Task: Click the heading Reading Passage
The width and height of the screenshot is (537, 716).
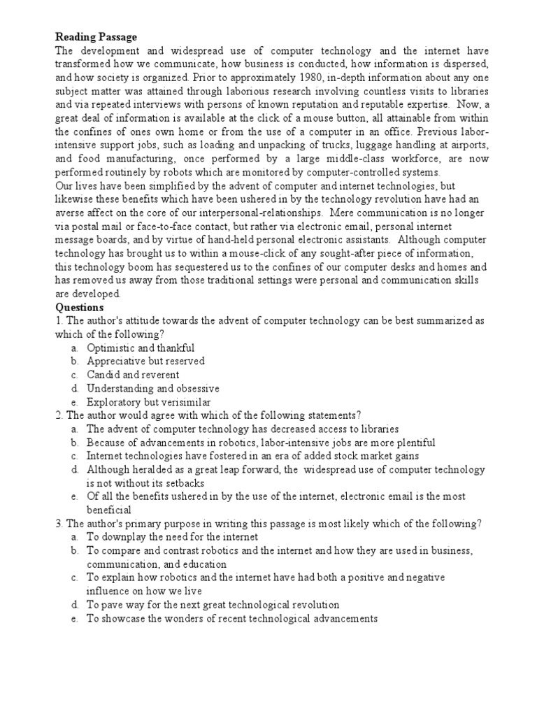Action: click(x=96, y=36)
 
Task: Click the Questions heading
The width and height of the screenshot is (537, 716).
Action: click(x=80, y=307)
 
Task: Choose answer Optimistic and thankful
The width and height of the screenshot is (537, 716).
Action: click(x=141, y=348)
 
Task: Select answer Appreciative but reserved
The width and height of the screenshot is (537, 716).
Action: click(x=145, y=361)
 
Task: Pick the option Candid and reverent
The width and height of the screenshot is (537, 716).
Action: click(x=133, y=374)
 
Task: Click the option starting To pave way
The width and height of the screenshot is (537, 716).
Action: click(x=213, y=604)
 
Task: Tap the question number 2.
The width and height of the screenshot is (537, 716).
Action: click(x=59, y=415)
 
